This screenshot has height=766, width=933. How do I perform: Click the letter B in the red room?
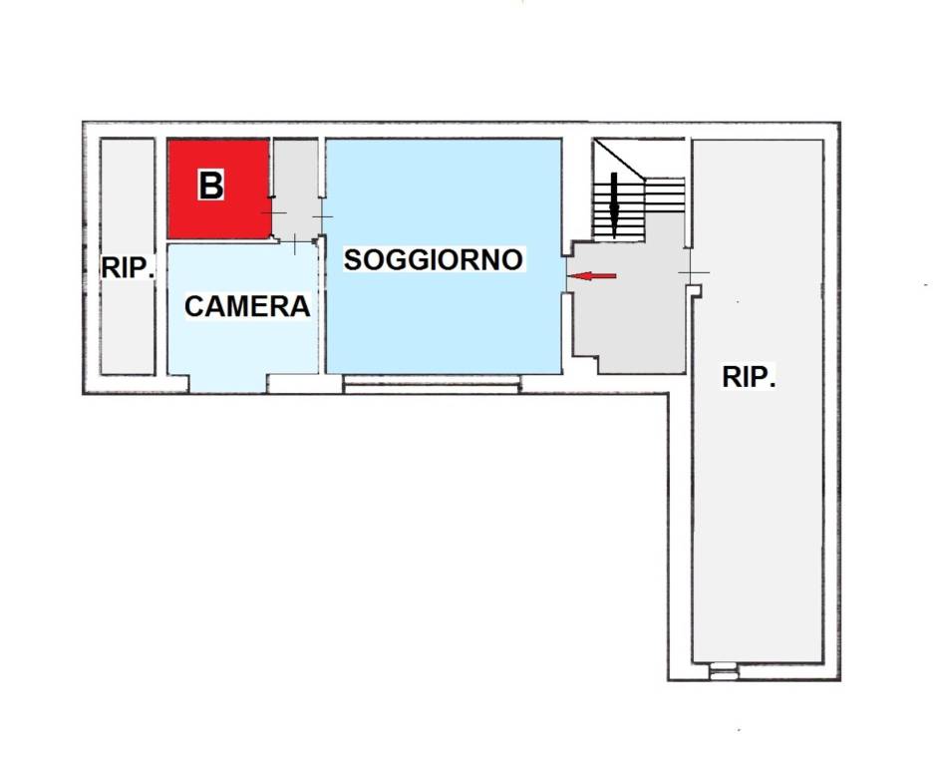pyautogui.click(x=211, y=186)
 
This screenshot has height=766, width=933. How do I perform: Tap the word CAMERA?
pyautogui.click(x=247, y=306)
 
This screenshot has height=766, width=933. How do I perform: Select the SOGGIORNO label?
pyautogui.click(x=434, y=260)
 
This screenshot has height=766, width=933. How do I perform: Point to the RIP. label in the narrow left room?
pyautogui.click(x=128, y=267)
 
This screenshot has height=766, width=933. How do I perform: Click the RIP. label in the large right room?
pyautogui.click(x=750, y=378)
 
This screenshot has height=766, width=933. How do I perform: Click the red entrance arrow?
pyautogui.click(x=592, y=275)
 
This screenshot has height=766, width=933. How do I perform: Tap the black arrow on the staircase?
pyautogui.click(x=614, y=204)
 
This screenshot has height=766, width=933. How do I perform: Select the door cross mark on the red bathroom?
pyautogui.click(x=273, y=214)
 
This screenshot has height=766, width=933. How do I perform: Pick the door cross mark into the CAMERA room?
pyautogui.click(x=297, y=242)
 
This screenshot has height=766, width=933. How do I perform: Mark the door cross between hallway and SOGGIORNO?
pyautogui.click(x=322, y=215)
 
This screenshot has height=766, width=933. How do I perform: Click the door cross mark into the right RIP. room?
pyautogui.click(x=693, y=273)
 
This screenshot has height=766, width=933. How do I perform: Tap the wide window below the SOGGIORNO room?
pyautogui.click(x=432, y=384)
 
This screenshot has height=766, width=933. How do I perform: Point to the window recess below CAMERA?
pyautogui.click(x=228, y=384)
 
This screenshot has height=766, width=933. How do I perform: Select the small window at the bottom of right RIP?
pyautogui.click(x=724, y=672)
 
